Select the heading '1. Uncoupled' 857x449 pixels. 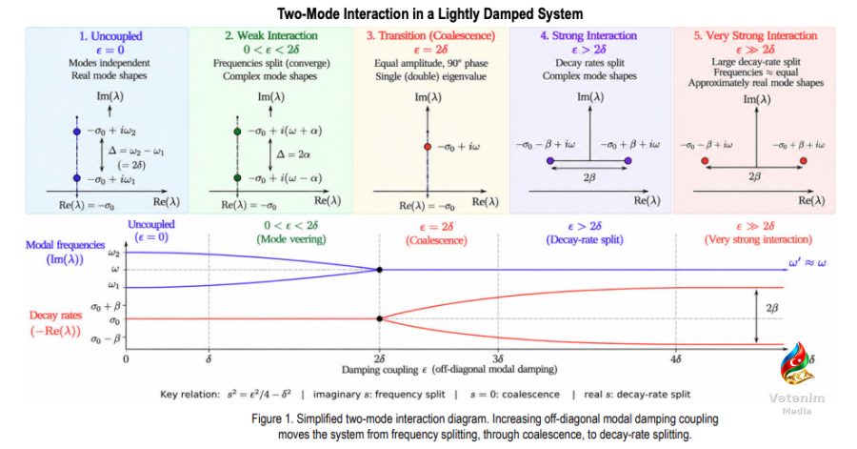(x=110, y=36)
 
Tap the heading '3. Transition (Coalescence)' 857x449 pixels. (x=430, y=35)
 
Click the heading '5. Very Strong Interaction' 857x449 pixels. (x=755, y=35)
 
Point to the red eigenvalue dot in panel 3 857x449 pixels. (x=428, y=147)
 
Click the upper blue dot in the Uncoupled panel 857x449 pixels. (x=77, y=132)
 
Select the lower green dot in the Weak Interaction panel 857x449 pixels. (x=237, y=177)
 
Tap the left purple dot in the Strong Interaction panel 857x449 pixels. (x=550, y=161)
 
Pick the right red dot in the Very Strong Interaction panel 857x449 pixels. (x=803, y=161)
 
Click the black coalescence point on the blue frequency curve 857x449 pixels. (x=379, y=270)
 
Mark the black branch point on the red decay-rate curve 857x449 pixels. (x=379, y=318)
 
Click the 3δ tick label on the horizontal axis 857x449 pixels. (x=498, y=359)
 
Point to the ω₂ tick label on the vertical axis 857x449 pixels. (x=113, y=253)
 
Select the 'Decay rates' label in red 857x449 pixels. (x=55, y=316)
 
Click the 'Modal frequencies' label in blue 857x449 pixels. (x=65, y=245)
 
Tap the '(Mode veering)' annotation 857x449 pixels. (x=291, y=239)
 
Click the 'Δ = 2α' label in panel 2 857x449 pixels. (x=293, y=154)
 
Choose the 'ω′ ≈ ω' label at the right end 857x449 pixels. (x=807, y=262)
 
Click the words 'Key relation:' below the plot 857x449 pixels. (x=189, y=395)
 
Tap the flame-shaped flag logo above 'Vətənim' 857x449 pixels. (x=796, y=364)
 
